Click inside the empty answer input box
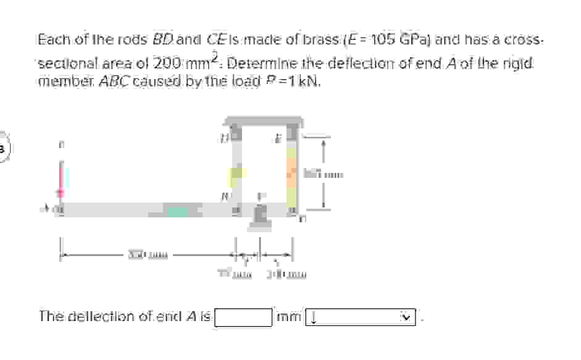[243, 317]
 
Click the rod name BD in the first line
[163, 40]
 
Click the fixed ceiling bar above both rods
[264, 121]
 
